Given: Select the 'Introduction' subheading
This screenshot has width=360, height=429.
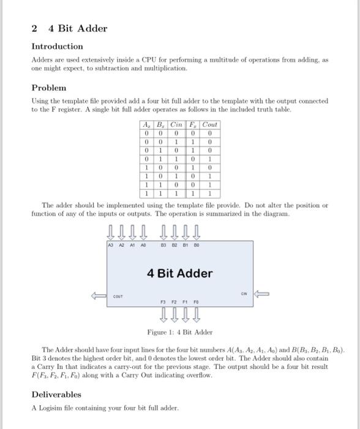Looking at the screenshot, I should click(57, 47).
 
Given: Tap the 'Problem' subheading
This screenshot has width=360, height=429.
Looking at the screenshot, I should click(49, 88).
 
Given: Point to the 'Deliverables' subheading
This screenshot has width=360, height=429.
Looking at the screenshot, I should click(56, 394).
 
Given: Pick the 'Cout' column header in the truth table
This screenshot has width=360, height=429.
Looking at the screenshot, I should click(209, 124).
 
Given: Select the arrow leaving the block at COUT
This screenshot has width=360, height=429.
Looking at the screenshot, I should click(99, 295).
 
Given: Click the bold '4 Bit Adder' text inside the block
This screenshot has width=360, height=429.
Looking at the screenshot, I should click(179, 273).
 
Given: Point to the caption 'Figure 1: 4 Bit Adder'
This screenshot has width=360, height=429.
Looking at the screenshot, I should click(179, 332).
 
